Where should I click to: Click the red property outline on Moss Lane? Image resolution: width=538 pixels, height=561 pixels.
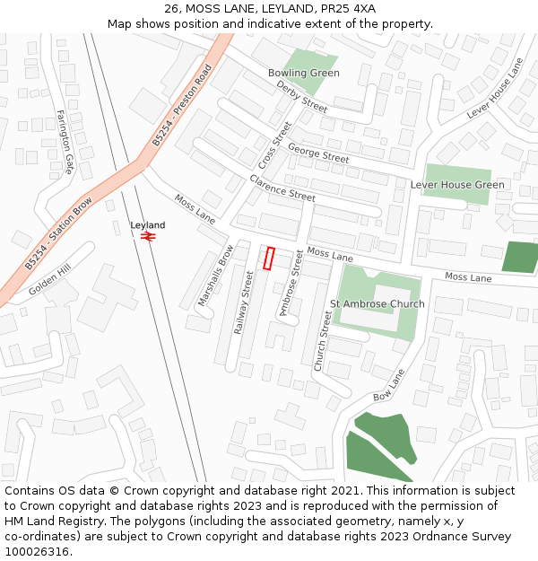tap(269, 258)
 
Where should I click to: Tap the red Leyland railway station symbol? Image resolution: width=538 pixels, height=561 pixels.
tap(149, 236)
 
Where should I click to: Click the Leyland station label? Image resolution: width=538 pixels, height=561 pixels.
tap(148, 224)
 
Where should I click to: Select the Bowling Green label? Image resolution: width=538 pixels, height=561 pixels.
tap(304, 73)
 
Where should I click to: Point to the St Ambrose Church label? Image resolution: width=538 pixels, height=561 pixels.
tap(377, 304)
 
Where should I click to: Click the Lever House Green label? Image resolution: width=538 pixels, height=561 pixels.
tap(457, 185)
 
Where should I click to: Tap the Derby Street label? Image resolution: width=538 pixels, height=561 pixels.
tap(302, 96)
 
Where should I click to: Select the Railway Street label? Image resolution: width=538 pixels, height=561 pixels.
tap(244, 303)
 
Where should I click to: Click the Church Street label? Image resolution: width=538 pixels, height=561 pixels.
tap(324, 342)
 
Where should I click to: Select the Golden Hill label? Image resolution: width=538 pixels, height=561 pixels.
tap(49, 281)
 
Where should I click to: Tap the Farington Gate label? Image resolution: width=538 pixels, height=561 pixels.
tap(65, 142)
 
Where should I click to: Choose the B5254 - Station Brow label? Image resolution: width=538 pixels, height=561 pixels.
tap(58, 233)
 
